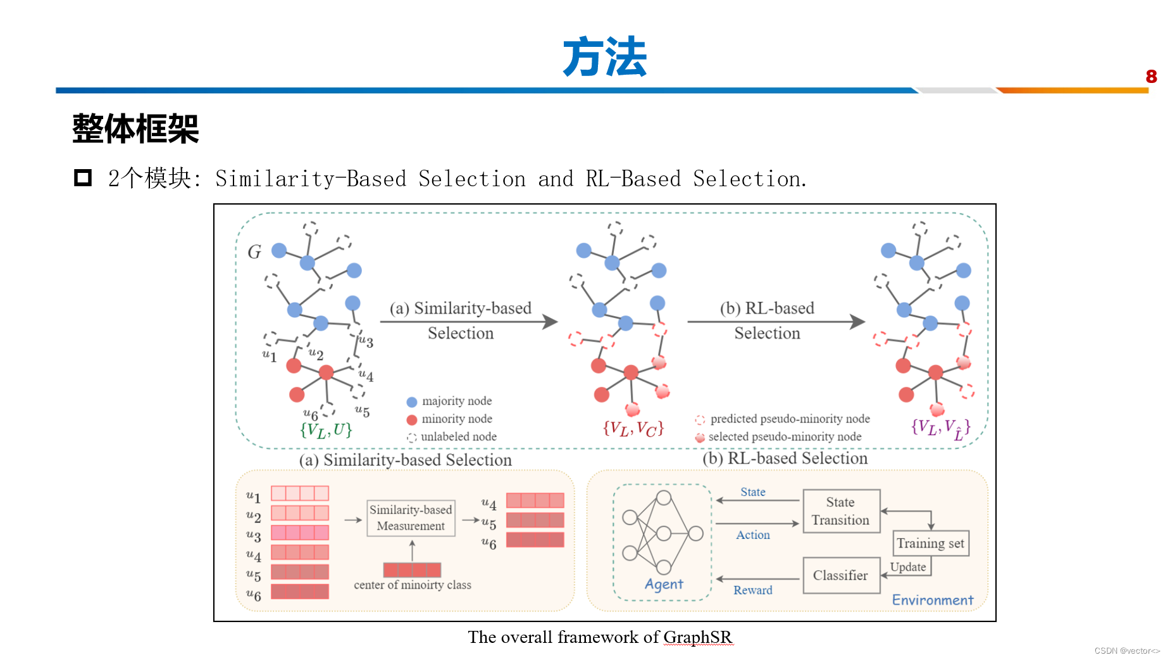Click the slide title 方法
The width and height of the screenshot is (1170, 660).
[x=604, y=57]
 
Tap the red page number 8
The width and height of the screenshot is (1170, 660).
[x=1151, y=77]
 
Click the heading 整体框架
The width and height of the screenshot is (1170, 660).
[x=135, y=129]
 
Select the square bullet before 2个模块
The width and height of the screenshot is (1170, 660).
[x=83, y=178]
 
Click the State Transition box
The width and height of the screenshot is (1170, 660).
[x=841, y=511]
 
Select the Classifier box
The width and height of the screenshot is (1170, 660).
[x=841, y=575]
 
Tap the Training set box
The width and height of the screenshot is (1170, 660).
[x=930, y=543]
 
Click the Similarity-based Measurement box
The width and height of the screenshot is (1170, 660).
[x=411, y=517]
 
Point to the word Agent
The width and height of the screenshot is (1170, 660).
[x=664, y=584]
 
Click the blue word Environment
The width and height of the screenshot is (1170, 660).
[x=932, y=600]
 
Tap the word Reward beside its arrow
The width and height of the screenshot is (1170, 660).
[x=752, y=590]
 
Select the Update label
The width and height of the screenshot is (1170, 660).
[x=907, y=567]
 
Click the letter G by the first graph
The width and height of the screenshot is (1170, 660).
[x=254, y=252]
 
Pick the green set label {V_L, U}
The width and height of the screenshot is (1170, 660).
[x=326, y=430]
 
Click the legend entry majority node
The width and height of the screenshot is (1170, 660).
[x=456, y=401]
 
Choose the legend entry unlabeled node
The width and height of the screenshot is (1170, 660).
[x=458, y=436]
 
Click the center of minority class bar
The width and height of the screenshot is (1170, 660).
[x=412, y=569]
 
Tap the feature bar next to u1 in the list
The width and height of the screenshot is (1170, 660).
[x=299, y=493]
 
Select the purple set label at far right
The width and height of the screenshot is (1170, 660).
[x=940, y=428]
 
